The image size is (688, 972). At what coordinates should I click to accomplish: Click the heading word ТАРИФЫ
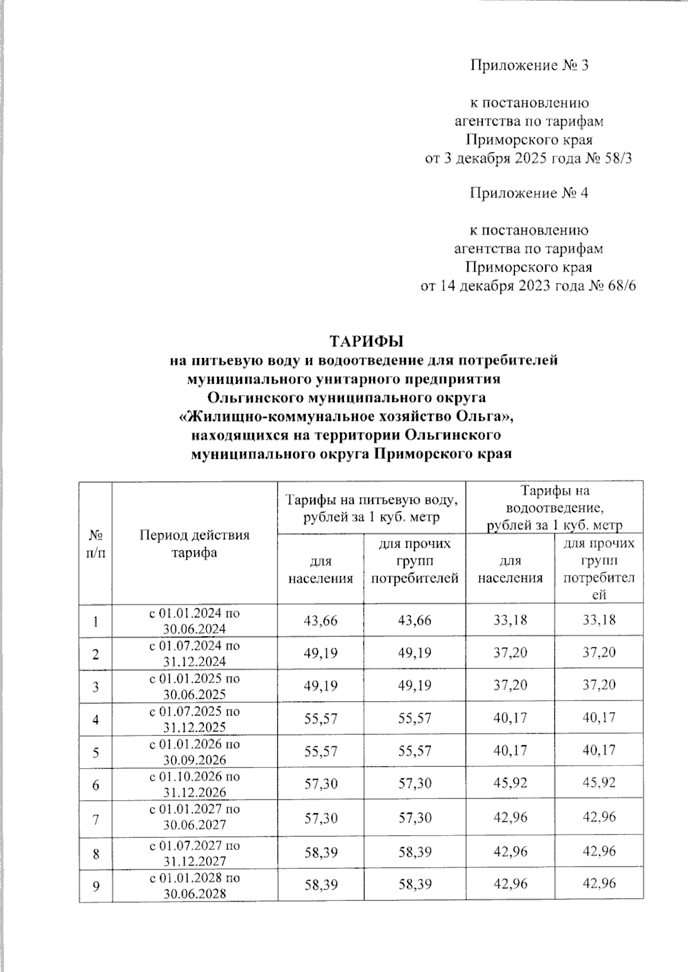[366, 341]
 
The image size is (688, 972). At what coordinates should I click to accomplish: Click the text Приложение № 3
[529, 65]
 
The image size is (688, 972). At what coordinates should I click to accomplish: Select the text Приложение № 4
[529, 193]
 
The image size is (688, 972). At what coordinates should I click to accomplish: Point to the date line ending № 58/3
[528, 158]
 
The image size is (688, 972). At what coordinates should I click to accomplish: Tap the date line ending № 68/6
[528, 286]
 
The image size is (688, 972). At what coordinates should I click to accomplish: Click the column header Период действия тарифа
[194, 544]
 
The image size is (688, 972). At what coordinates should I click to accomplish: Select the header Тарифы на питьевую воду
[372, 508]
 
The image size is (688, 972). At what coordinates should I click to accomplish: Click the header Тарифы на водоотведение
[554, 507]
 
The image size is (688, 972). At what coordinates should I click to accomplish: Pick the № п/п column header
[96, 544]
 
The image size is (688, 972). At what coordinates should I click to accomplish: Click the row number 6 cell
[96, 784]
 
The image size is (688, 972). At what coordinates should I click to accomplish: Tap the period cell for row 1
[194, 620]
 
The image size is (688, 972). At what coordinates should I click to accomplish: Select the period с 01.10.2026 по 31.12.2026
[194, 784]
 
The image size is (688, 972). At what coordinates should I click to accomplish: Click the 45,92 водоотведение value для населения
[510, 782]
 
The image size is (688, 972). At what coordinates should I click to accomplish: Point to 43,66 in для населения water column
[320, 620]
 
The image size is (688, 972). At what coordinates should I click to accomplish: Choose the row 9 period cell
[194, 886]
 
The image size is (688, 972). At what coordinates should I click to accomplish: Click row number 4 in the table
[96, 719]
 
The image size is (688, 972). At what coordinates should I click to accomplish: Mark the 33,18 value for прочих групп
[599, 620]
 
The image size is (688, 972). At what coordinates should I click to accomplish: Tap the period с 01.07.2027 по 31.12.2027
[194, 853]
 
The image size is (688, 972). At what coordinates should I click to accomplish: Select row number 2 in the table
[96, 654]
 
